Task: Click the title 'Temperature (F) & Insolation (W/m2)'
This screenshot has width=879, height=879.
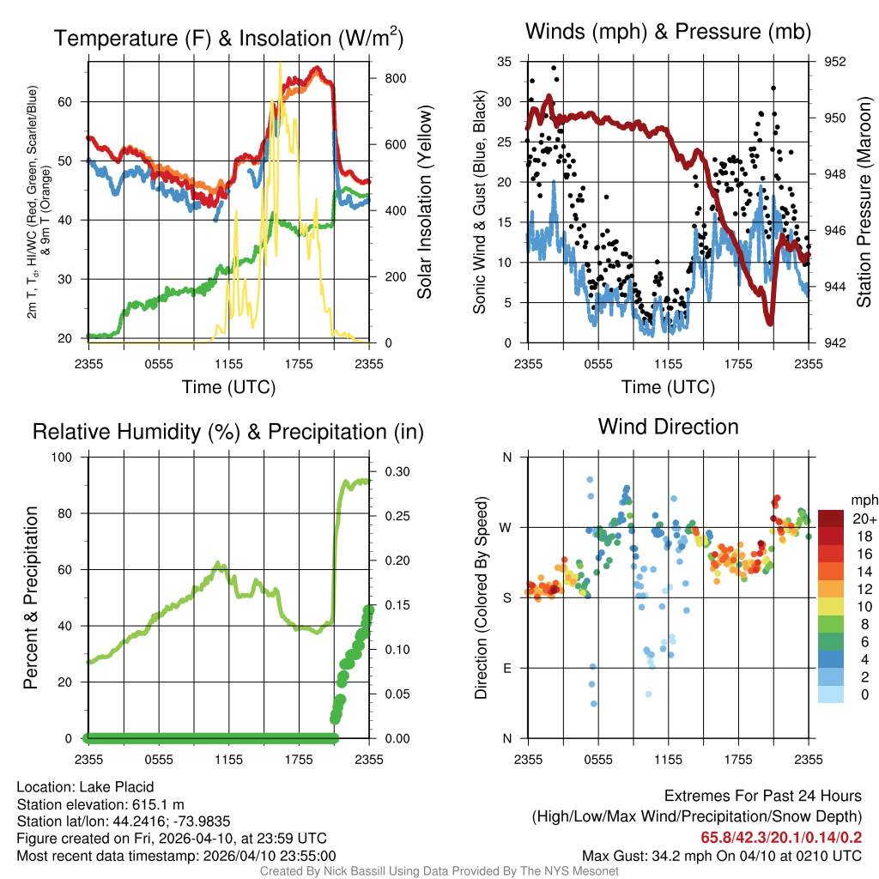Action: (x=228, y=39)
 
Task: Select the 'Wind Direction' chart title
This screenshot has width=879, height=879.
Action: (x=668, y=427)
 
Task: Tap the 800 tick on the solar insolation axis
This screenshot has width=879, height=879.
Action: (x=384, y=78)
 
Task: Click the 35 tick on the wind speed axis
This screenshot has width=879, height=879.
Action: (x=504, y=62)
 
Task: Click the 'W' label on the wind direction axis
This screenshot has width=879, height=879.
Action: (x=507, y=528)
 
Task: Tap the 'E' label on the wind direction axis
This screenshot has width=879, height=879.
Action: (x=507, y=669)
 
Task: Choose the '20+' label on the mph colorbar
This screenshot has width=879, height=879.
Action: (x=863, y=518)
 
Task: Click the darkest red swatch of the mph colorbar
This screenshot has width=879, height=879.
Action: (x=830, y=518)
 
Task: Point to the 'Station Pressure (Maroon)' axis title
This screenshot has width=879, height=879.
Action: (x=864, y=202)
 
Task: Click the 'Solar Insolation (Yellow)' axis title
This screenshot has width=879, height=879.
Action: (x=424, y=202)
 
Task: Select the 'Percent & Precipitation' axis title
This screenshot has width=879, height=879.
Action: (x=30, y=597)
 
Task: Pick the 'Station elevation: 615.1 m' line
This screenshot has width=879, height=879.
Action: (x=101, y=804)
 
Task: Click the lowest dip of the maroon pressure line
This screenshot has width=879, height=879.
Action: (x=770, y=322)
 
